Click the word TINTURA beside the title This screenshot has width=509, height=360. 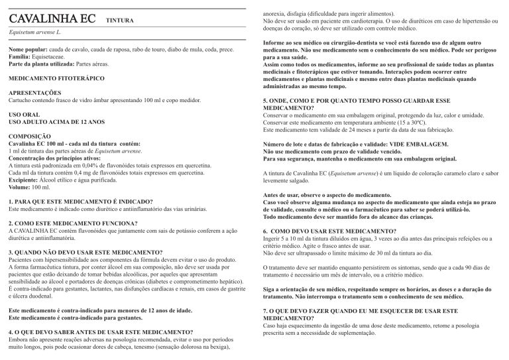tap(120, 21)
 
